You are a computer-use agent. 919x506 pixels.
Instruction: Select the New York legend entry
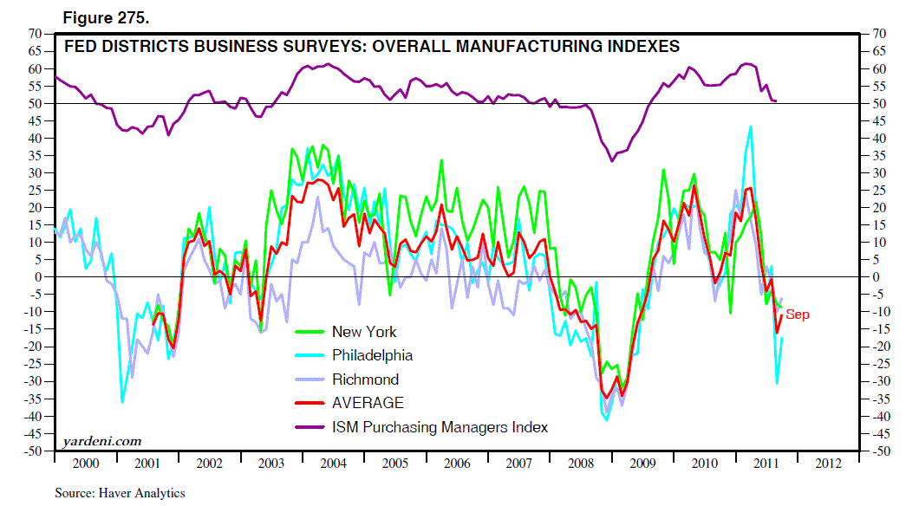tap(364, 332)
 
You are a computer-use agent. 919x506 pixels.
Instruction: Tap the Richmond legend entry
tap(365, 379)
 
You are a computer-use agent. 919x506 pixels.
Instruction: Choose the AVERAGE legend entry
tap(368, 403)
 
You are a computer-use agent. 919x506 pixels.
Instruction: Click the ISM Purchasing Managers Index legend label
tap(440, 427)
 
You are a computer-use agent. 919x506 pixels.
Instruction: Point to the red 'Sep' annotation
tap(797, 315)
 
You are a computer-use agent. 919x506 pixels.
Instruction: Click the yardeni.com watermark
tap(102, 442)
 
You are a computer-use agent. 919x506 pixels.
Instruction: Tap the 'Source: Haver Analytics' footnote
tap(121, 493)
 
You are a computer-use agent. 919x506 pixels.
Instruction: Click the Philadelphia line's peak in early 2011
tap(750, 126)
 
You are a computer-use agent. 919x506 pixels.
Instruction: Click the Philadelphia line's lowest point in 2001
tap(122, 402)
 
